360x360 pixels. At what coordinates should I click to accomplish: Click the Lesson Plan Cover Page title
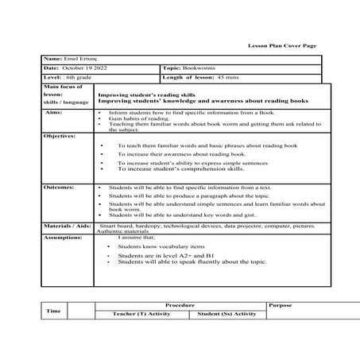(282, 46)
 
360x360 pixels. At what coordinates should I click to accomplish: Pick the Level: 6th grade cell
(68, 78)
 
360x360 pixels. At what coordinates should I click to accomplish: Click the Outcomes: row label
(59, 188)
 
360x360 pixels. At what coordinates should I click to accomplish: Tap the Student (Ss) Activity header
(226, 314)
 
